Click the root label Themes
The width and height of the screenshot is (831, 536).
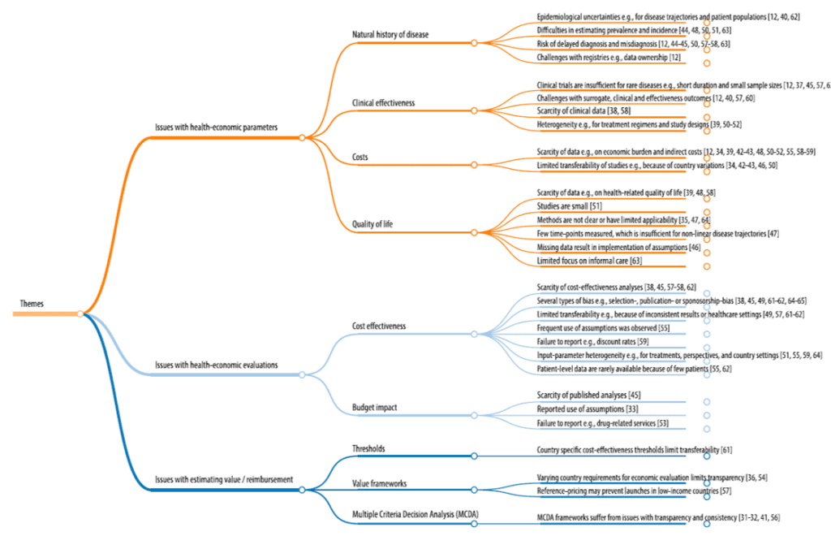(x=32, y=305)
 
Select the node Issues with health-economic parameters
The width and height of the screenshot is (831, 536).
(x=216, y=128)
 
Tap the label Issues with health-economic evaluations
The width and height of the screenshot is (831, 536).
(x=217, y=365)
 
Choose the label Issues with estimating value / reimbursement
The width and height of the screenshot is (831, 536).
(x=223, y=479)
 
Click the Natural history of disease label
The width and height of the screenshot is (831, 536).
(x=390, y=35)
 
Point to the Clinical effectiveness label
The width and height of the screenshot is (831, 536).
(x=384, y=104)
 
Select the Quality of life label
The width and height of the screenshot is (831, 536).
(x=373, y=224)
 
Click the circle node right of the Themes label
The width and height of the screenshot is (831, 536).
(x=80, y=313)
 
